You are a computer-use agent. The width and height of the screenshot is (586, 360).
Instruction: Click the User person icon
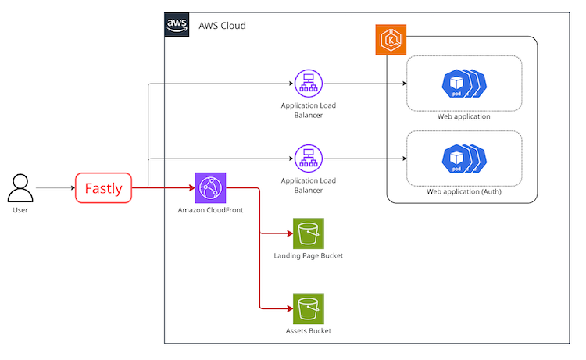20,188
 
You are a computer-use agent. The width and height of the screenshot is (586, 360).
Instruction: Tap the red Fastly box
103,188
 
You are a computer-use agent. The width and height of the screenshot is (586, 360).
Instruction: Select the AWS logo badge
177,25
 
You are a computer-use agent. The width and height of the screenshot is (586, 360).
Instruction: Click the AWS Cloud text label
222,26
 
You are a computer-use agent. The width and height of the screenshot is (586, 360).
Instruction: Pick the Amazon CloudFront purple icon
210,188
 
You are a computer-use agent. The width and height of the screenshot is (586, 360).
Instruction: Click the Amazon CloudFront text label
210,210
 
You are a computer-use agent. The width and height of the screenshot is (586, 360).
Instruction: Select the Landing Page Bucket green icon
309,233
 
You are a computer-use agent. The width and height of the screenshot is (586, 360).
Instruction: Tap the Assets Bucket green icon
309,308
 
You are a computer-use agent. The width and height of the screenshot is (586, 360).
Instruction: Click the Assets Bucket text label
309,331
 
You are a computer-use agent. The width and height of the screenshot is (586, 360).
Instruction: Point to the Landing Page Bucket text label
309,256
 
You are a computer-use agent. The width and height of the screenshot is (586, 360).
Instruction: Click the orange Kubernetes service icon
391,40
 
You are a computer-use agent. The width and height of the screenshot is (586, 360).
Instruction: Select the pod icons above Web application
464,84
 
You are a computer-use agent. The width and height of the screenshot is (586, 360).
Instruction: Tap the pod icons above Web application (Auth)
464,159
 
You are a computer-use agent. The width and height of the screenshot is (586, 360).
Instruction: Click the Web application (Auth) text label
464,191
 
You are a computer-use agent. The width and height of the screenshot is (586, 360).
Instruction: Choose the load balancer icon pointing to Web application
309,84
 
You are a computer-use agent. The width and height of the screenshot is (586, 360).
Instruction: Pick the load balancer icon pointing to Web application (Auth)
309,159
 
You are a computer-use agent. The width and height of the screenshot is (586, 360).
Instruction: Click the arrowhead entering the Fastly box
73,188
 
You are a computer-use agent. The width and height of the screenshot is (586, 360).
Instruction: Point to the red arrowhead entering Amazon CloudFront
192,188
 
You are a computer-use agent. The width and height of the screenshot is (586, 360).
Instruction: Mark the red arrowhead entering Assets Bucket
290,308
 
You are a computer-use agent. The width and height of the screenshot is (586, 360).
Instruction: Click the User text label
20,210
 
